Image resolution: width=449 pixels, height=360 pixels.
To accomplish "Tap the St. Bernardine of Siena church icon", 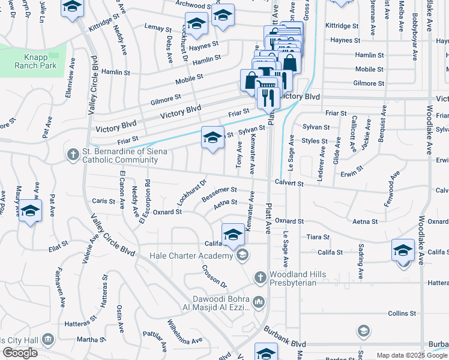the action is [73, 155].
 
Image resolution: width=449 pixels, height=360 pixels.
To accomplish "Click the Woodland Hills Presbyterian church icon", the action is [260, 277].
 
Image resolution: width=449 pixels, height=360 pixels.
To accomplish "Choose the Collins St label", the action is [402, 313].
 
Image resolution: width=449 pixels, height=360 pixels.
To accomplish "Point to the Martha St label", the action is [88, 340].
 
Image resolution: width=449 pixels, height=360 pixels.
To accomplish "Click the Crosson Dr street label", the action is [214, 276].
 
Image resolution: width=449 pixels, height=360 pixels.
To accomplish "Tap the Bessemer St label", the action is [219, 194].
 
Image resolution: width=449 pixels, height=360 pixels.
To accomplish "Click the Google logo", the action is [19, 353].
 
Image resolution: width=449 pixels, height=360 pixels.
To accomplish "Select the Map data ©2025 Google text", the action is [411, 355].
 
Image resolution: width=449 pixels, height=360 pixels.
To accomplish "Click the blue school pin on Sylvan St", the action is [212, 138].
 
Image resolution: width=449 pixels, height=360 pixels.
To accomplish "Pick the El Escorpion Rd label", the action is [145, 201].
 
